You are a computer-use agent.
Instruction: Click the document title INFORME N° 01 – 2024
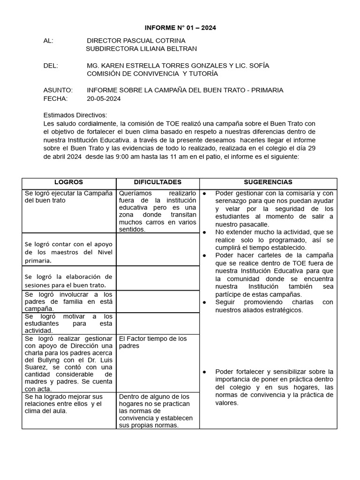180,28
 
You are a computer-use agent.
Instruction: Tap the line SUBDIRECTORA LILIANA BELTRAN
142,49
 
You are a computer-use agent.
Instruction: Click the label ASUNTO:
58,90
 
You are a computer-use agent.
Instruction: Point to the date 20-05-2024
104,98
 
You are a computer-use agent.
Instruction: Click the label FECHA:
55,98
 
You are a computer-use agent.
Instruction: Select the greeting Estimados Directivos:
75,115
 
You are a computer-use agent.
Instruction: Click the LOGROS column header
68,182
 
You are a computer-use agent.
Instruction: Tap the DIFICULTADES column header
157,182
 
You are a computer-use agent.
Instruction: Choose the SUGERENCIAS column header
268,182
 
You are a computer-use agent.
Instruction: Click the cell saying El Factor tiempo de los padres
153,342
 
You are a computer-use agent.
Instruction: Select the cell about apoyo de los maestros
68,252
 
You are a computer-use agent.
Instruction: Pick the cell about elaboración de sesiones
68,280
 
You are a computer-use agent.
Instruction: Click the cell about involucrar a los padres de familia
68,301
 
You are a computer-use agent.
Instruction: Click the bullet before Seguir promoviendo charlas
205,302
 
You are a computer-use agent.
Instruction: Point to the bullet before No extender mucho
205,232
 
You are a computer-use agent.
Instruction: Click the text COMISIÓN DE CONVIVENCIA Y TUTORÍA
152,74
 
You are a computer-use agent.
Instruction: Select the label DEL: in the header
51,66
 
